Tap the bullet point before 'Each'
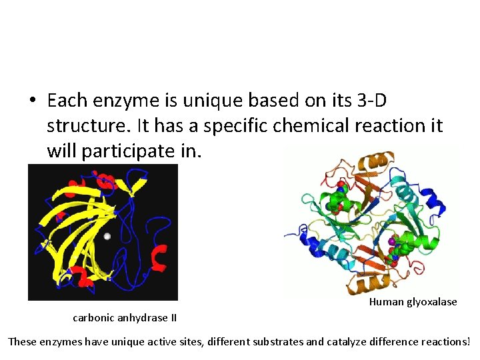click(x=33, y=101)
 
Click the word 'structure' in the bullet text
click(x=85, y=126)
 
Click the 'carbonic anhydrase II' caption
click(x=125, y=317)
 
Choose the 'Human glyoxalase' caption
click(x=413, y=301)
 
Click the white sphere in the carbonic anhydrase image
click(x=107, y=236)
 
